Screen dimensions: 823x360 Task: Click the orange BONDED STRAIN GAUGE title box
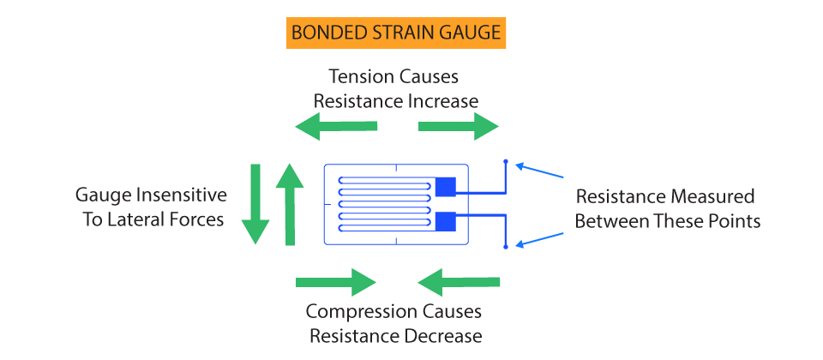coord(396,33)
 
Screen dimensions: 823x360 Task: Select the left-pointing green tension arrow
coord(336,127)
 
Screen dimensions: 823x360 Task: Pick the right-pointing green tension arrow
coord(458,127)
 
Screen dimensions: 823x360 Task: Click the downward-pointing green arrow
coord(255,204)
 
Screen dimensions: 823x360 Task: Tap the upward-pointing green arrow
coord(290,204)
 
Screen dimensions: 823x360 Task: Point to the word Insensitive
coord(181,195)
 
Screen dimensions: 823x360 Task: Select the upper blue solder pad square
coord(446,187)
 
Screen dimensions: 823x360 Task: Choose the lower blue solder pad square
coord(446,221)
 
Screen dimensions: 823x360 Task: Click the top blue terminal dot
coord(506,161)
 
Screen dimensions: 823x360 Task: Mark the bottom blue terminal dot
coord(506,247)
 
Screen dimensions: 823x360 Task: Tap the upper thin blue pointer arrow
coord(539,171)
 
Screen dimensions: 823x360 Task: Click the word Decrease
coord(447,336)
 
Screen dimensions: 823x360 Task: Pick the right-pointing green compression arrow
coord(336,282)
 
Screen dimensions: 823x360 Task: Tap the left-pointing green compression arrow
coord(459,282)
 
